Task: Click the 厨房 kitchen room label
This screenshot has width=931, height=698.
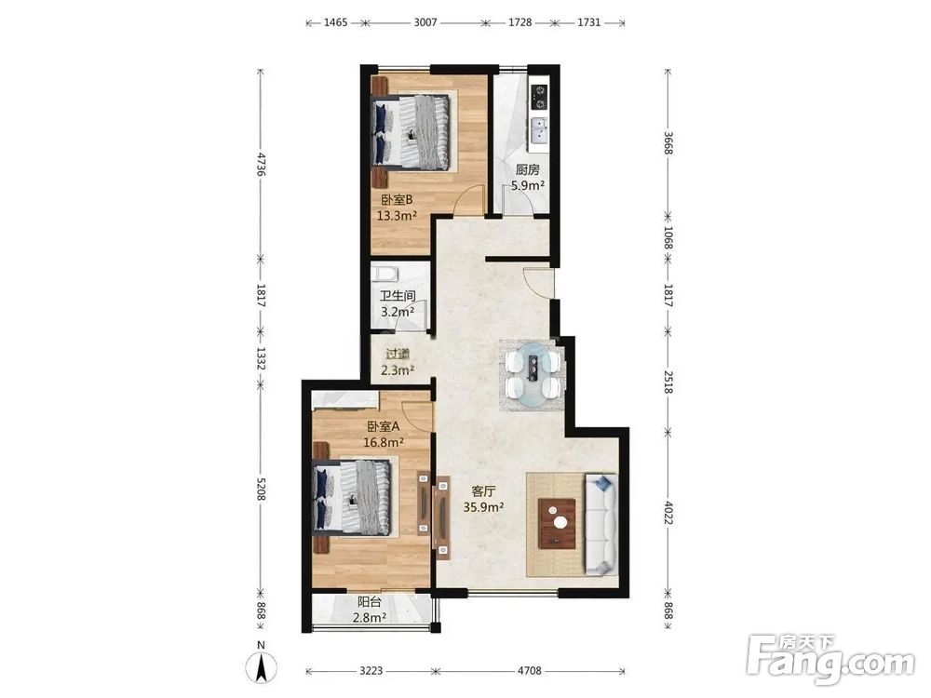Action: coord(527,169)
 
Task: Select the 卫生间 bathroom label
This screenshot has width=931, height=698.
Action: coord(398,296)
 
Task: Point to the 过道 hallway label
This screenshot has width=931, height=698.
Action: coord(398,355)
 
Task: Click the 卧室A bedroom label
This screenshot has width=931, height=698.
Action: coord(384,426)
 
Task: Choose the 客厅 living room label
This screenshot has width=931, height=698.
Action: coord(483,491)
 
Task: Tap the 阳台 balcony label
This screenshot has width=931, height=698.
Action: coord(370,602)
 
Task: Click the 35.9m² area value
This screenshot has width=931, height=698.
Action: coord(484,507)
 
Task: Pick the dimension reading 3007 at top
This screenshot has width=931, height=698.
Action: coord(425,22)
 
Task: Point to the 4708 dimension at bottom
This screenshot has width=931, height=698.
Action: coord(529,671)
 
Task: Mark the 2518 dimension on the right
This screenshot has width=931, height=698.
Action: coord(668,381)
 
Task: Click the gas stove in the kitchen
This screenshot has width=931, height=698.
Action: coord(540,98)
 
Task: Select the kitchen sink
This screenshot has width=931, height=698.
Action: coord(540,130)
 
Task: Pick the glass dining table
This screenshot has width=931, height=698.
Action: coord(533,375)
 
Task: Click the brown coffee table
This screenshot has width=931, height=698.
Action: coord(557,523)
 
